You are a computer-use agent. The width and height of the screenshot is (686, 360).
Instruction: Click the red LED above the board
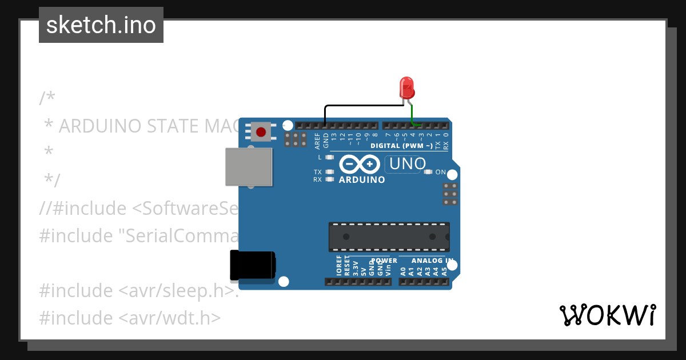pos(406,88)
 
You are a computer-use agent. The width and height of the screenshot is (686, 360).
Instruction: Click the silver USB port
pos(248,167)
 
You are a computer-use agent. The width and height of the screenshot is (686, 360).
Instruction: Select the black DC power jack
pos(252,266)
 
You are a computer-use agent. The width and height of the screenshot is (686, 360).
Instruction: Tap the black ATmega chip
pos(389,237)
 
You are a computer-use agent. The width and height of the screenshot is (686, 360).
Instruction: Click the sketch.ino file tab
pos(101,25)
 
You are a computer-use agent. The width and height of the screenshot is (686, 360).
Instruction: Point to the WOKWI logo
pos(607,315)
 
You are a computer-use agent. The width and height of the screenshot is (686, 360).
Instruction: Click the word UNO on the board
pos(407,165)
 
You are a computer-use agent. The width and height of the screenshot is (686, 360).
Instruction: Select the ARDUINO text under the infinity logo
pos(362,180)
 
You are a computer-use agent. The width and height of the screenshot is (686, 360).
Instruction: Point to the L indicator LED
pos(329,157)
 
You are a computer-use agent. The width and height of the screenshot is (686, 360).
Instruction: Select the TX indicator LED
pos(329,172)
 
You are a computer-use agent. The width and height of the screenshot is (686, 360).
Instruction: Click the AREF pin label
pos(318,141)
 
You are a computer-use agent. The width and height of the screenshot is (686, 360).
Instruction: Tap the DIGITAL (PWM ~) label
pos(401,146)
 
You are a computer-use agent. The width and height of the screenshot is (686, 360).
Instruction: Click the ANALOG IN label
pos(432,261)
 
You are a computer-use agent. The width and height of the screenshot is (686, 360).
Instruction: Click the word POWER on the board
pos(384,261)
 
